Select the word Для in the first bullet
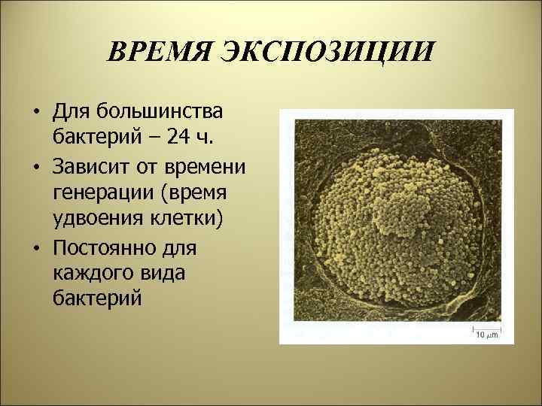(x=71, y=113)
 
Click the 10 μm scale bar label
(x=486, y=335)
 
